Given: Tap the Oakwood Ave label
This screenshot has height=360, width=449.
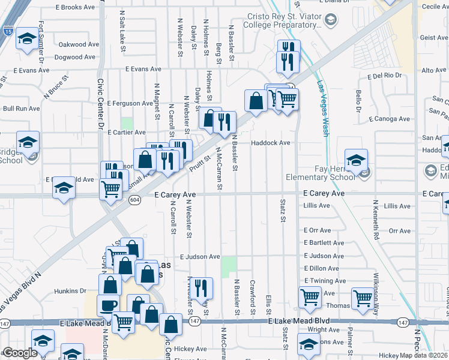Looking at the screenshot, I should pos(78,44).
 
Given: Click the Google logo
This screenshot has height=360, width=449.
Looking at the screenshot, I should pos(20,353).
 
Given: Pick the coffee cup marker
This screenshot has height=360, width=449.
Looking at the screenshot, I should pos(107,305).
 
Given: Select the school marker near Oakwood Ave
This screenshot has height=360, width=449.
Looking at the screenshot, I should pos(26,39).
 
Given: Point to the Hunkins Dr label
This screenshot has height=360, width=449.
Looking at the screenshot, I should pos(70,290).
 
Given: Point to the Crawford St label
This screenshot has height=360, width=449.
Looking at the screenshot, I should pos(253,296).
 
